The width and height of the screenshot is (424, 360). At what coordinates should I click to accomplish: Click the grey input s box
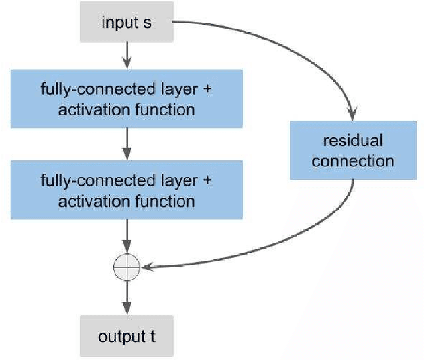click(x=127, y=23)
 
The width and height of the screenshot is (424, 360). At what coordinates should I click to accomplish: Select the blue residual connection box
click(x=353, y=150)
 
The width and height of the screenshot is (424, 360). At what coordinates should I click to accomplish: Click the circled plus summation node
click(x=126, y=267)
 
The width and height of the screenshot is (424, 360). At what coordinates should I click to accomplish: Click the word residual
click(x=353, y=141)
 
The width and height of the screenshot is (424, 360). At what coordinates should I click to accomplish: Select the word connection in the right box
click(x=353, y=160)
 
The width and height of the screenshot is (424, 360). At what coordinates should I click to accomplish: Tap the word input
click(x=117, y=23)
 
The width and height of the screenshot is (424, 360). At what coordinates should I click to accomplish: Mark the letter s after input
click(x=148, y=23)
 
